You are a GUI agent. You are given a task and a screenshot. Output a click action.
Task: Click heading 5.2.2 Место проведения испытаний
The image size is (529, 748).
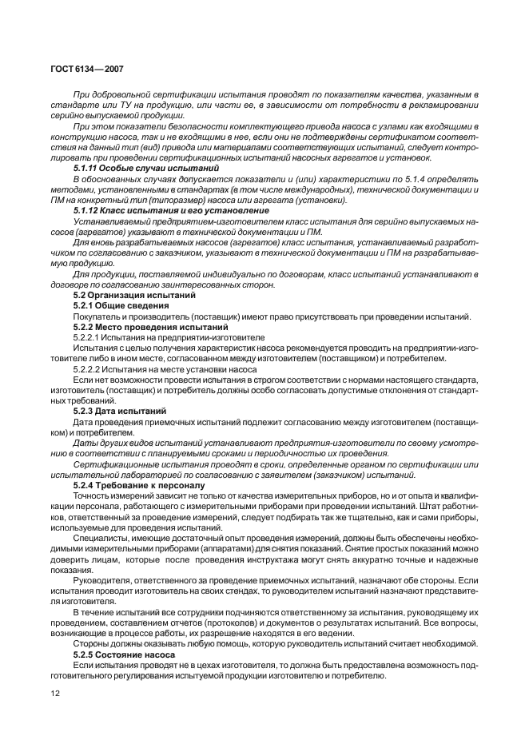tap(139, 328)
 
